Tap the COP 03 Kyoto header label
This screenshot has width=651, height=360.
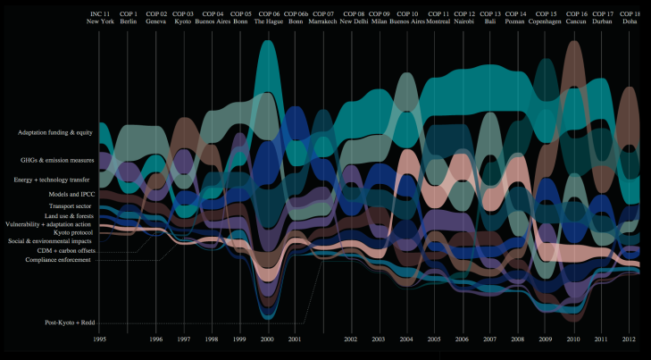[x=183, y=18]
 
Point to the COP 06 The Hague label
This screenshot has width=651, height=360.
[x=267, y=18]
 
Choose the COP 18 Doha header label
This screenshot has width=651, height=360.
[x=630, y=18]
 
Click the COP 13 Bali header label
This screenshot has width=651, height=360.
[x=490, y=18]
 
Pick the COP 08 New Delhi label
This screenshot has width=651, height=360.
[x=352, y=18]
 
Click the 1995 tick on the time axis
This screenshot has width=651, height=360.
[x=101, y=339]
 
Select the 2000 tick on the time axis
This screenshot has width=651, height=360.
[x=268, y=339]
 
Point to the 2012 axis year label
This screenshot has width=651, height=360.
[x=630, y=339]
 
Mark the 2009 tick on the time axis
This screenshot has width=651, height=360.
[x=546, y=339]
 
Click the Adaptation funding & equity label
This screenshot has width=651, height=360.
[x=55, y=132]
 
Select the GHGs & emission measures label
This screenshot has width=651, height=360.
[x=58, y=161]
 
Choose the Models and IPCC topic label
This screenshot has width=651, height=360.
[x=72, y=194]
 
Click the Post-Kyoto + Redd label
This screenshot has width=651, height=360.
[x=70, y=322]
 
